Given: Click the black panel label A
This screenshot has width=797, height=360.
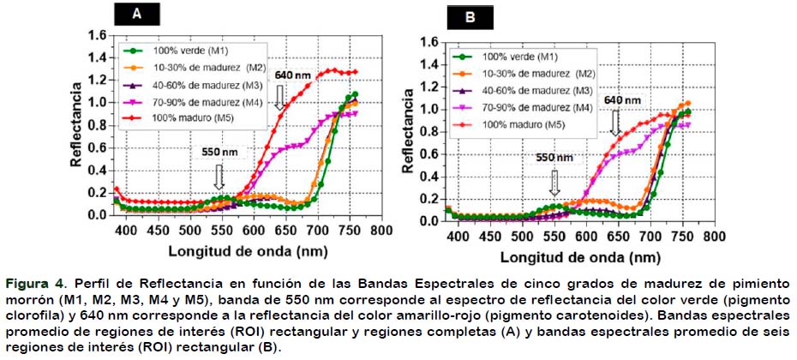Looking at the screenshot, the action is click(x=136, y=15).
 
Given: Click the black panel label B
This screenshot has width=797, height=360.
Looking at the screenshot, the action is click(x=470, y=18).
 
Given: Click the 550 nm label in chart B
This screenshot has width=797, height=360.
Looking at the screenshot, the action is click(x=554, y=158).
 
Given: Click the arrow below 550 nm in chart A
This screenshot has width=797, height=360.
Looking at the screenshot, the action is click(x=219, y=177).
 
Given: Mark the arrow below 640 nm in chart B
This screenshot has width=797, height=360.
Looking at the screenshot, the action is click(x=616, y=123).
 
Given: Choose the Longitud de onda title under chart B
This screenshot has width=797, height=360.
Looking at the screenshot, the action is click(x=580, y=257).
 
